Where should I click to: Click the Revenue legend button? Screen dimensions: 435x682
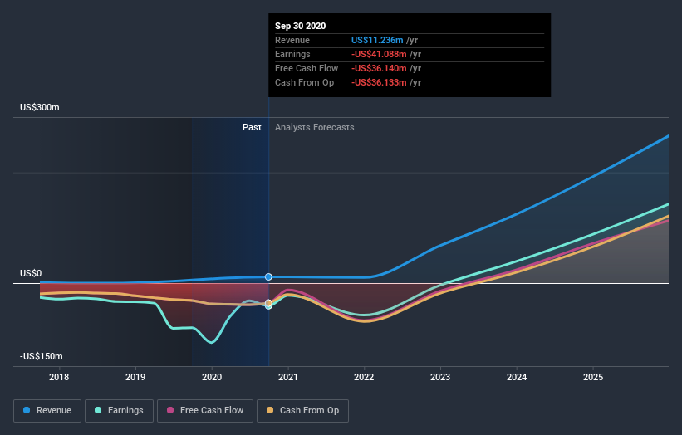point(48,410)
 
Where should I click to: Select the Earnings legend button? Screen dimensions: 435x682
point(119,410)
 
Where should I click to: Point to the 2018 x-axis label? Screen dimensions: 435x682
point(59,378)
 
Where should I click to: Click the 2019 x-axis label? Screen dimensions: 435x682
point(135,378)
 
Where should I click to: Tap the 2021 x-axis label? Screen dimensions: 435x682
point(288,378)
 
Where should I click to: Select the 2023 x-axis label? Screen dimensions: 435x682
point(440,378)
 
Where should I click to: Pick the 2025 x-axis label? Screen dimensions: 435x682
point(593,378)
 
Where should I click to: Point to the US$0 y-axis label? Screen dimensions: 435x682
point(32,274)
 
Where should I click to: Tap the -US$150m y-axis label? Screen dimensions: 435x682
point(42,356)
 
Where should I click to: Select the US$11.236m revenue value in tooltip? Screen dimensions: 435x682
point(377,40)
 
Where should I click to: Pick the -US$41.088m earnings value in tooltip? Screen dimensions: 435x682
point(378,54)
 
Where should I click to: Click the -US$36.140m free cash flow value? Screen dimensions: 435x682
point(378,68)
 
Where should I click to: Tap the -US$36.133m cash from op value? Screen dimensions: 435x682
point(378,82)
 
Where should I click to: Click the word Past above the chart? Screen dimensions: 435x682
point(252,127)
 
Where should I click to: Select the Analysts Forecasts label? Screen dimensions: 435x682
point(314,127)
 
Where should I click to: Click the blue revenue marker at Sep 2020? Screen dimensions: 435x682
point(268,276)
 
